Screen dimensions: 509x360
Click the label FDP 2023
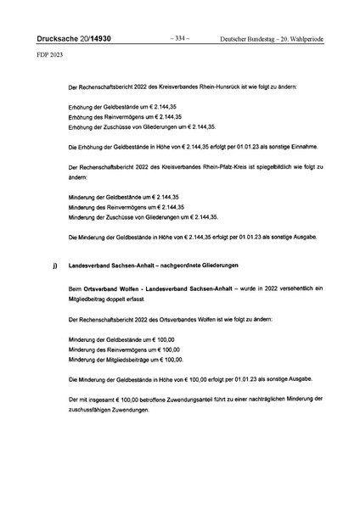coord(49,55)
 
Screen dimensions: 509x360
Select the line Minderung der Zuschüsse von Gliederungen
coord(132,217)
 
